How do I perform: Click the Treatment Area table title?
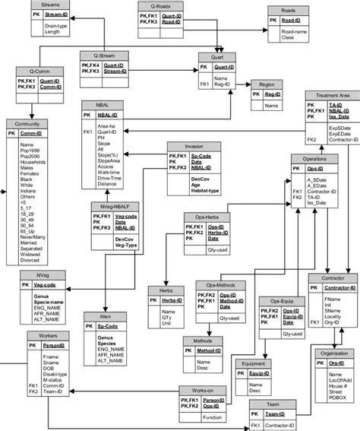327,96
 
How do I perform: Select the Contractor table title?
332,278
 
